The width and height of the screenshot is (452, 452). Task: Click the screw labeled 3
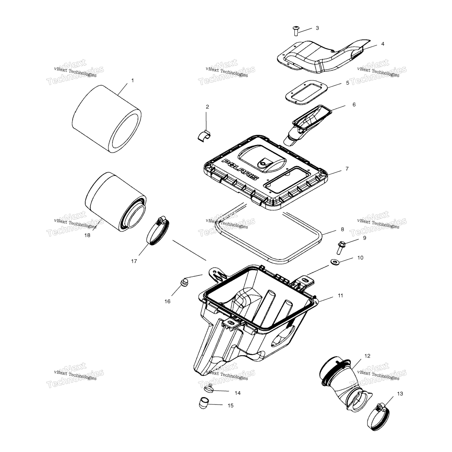[x=296, y=31]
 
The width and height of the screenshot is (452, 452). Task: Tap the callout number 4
[x=383, y=44]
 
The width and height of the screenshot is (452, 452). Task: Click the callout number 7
[x=347, y=169]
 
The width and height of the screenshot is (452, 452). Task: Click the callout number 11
[x=340, y=295]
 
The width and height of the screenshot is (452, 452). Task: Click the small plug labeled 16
[x=185, y=283]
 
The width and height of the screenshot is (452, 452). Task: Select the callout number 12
[x=367, y=356]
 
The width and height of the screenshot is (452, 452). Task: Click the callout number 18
[x=87, y=235]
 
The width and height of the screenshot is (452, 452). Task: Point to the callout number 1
[x=132, y=80]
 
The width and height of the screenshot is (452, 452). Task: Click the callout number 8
[x=342, y=229]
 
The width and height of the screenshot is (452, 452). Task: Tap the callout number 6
[x=354, y=104]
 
